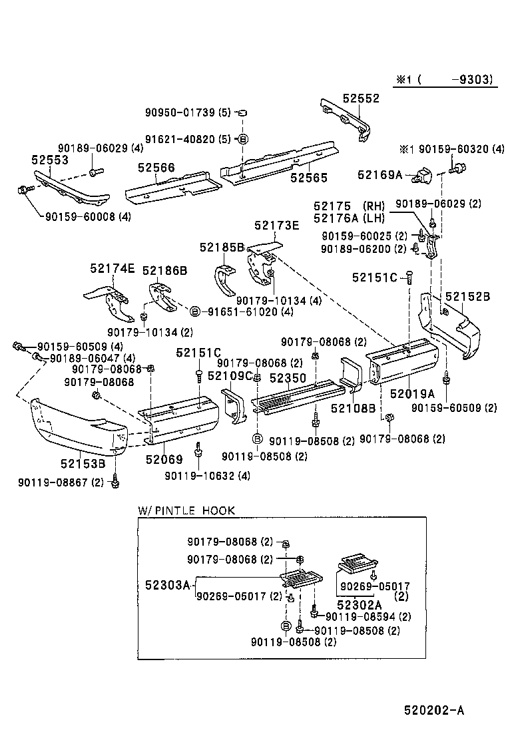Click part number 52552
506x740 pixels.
click(x=361, y=98)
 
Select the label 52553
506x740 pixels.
click(x=49, y=160)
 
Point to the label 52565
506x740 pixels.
click(x=308, y=178)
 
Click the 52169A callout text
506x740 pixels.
click(x=380, y=175)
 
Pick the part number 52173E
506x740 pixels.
click(x=277, y=226)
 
